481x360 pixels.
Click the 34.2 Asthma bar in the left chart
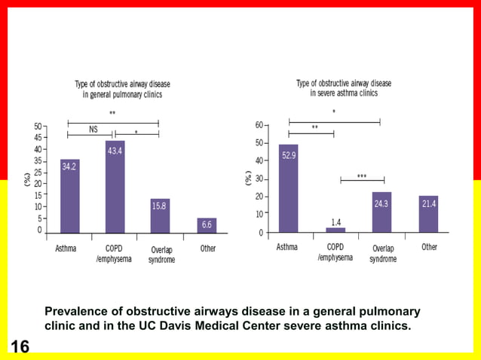(69, 196)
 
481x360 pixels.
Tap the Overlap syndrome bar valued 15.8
(160, 215)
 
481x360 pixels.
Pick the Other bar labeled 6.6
(207, 225)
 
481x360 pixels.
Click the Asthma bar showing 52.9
(288, 188)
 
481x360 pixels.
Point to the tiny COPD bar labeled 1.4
(335, 230)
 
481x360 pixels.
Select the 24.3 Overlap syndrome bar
(381, 212)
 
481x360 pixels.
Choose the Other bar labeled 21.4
(428, 214)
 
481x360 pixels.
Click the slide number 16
(20, 346)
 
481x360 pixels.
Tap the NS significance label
(93, 130)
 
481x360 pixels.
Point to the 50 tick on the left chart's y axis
(38, 127)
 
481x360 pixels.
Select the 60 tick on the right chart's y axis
(260, 124)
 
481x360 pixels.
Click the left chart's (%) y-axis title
(27, 179)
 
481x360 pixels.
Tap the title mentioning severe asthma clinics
(344, 88)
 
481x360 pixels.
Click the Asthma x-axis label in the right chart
(286, 247)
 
